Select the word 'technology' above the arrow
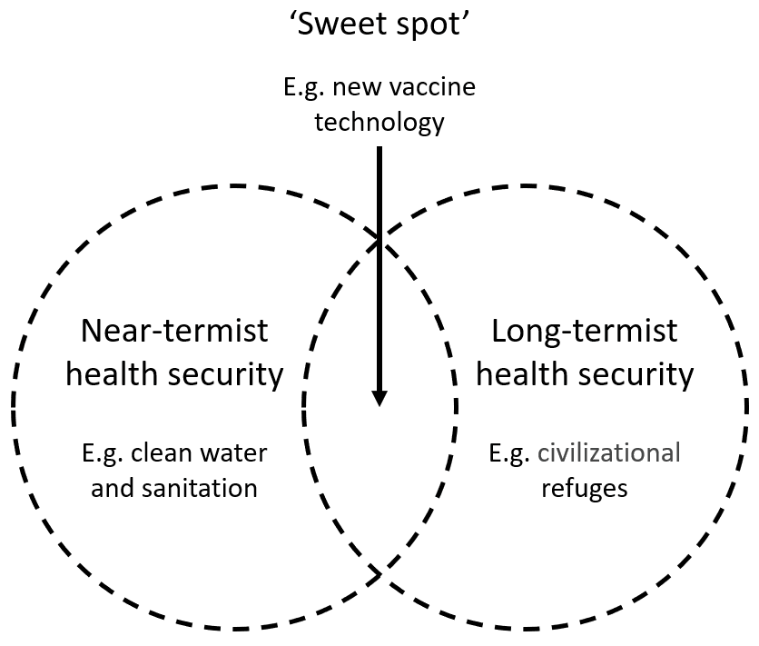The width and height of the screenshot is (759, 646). pyautogui.click(x=379, y=121)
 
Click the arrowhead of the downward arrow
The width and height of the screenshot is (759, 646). pyautogui.click(x=379, y=398)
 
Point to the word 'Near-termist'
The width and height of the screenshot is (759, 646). pyautogui.click(x=175, y=331)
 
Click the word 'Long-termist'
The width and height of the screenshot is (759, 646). pyautogui.click(x=584, y=331)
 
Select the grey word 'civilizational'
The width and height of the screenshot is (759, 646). pyautogui.click(x=608, y=452)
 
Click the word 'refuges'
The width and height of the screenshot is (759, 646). pyautogui.click(x=584, y=487)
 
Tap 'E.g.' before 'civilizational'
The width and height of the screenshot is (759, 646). pyautogui.click(x=508, y=452)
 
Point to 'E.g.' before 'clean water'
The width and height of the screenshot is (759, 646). pyautogui.click(x=104, y=452)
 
